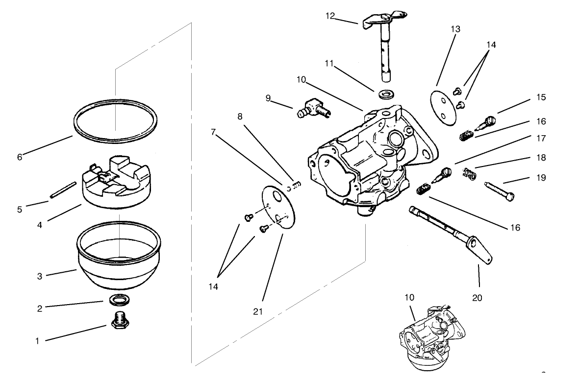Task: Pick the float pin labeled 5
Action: pos(62,191)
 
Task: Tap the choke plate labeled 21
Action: pos(277,205)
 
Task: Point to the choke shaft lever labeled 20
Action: pos(451,230)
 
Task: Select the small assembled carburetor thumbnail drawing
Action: pos(428,338)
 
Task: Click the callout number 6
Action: pos(20,157)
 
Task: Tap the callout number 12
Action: pos(330,16)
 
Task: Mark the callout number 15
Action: pos(541,97)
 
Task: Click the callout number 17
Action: pos(541,139)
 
